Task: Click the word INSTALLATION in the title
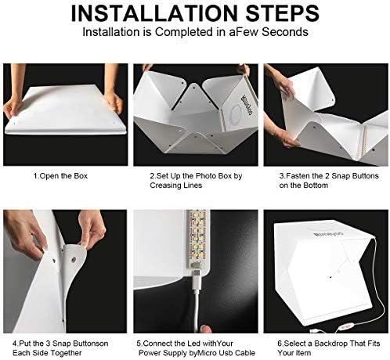(x=154, y=13)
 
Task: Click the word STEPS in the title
(x=283, y=13)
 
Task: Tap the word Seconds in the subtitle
(x=285, y=32)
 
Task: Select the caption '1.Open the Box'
(x=60, y=176)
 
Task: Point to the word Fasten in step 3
(x=298, y=176)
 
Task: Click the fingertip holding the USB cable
(x=205, y=329)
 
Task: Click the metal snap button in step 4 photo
(x=73, y=260)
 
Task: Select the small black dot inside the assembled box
(x=330, y=277)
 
